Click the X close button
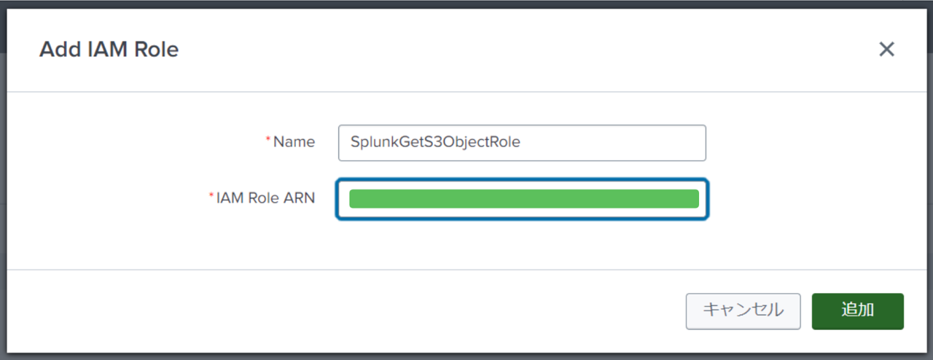tap(886, 50)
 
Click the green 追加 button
tap(857, 311)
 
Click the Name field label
tap(294, 142)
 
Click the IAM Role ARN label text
tap(265, 197)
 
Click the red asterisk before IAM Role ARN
tap(211, 195)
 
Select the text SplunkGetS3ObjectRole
tap(435, 143)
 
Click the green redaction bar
tap(523, 198)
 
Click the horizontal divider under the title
tap(466, 92)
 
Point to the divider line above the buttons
tap(466, 270)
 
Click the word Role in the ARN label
tap(262, 197)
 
